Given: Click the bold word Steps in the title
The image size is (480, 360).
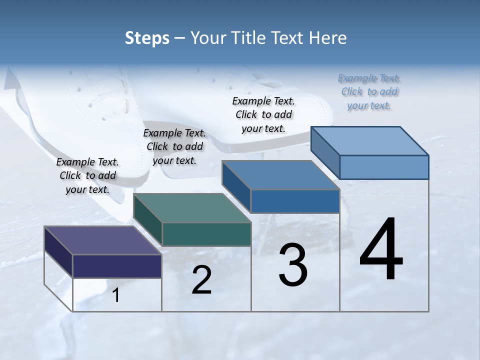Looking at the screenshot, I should [x=147, y=38].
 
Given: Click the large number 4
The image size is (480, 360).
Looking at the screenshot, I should [x=381, y=249].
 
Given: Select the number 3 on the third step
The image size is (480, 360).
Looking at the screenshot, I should [x=293, y=265].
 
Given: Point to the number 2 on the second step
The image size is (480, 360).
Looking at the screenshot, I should [x=201, y=280].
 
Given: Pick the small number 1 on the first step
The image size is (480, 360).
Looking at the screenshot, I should [x=116, y=295].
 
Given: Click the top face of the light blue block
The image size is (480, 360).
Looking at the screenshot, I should [x=370, y=141].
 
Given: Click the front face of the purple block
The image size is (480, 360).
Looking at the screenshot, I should [x=117, y=266].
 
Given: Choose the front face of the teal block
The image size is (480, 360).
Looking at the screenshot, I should [x=206, y=234].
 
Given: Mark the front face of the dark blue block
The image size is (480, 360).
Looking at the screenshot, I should [x=295, y=201].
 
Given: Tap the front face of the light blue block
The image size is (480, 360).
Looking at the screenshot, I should [x=384, y=167].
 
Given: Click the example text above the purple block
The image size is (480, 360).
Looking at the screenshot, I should [x=87, y=175].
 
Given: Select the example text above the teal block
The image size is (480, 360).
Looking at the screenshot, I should [x=174, y=146].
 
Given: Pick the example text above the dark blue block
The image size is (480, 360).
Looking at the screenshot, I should [x=263, y=114].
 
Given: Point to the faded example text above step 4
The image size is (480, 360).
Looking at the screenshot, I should [x=369, y=91].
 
